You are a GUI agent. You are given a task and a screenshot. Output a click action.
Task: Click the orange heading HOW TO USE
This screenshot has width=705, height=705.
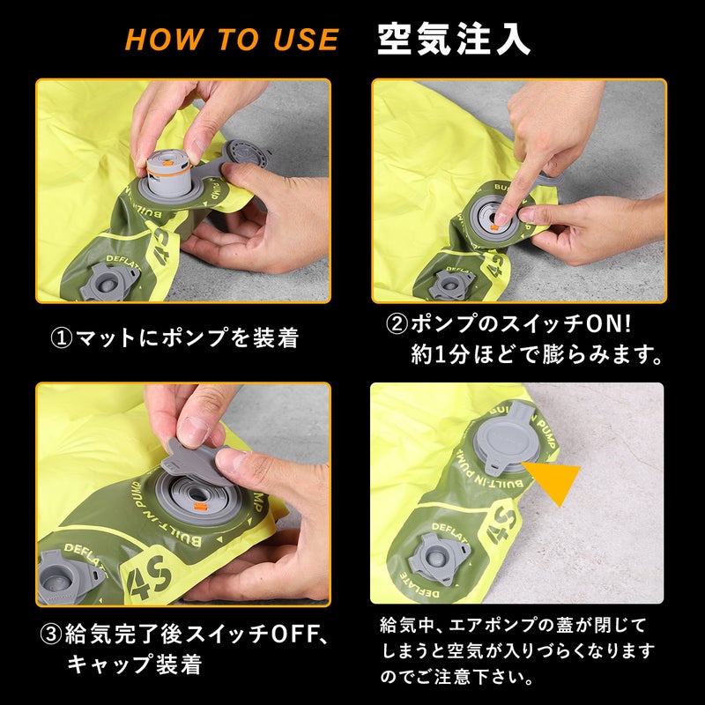232,39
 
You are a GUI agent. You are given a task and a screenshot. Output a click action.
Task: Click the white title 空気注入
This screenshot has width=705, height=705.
454,39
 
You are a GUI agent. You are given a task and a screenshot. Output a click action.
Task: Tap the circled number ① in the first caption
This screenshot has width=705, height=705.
62,338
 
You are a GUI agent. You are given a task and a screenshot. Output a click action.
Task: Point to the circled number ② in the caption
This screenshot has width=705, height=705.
397,323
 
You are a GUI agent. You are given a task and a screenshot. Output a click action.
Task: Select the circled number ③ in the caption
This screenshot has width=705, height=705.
51,634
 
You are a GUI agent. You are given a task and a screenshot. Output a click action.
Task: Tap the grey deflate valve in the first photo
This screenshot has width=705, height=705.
108,282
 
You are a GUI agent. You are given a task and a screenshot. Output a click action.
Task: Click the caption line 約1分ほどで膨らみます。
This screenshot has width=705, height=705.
537,355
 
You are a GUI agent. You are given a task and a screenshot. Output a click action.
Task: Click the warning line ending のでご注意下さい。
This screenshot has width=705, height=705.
456,677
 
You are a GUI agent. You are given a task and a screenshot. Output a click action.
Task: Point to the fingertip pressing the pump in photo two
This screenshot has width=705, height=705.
501,218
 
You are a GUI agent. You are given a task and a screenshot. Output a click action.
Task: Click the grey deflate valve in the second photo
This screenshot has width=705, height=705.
451,284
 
